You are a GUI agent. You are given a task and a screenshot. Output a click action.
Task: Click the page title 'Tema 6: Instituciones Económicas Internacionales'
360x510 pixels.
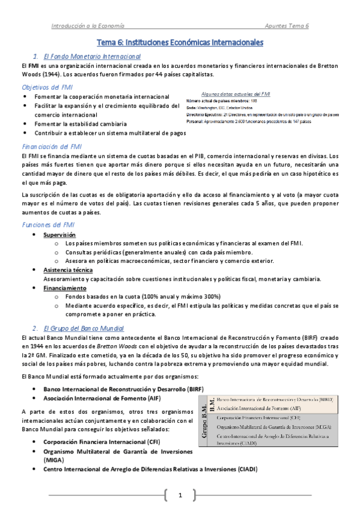click(x=180, y=43)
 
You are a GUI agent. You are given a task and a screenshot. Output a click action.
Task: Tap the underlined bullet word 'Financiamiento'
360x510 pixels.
click(x=64, y=288)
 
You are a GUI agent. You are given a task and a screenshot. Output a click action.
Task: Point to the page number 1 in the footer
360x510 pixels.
click(x=180, y=496)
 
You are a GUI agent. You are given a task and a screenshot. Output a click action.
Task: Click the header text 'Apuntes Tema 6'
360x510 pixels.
click(x=287, y=26)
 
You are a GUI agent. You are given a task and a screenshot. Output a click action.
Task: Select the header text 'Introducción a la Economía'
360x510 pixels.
click(x=88, y=26)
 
